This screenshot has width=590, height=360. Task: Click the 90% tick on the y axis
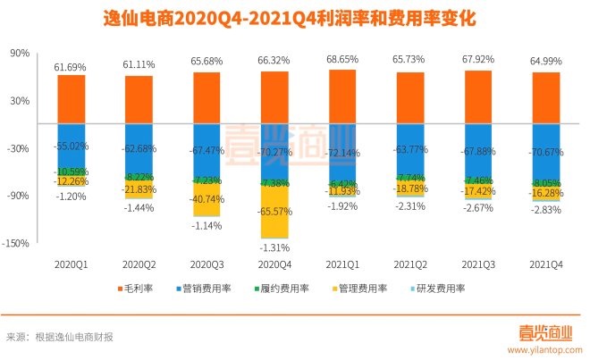(20, 54)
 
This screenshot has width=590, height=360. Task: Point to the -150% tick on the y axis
(17, 243)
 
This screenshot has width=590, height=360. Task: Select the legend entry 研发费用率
(444, 289)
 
